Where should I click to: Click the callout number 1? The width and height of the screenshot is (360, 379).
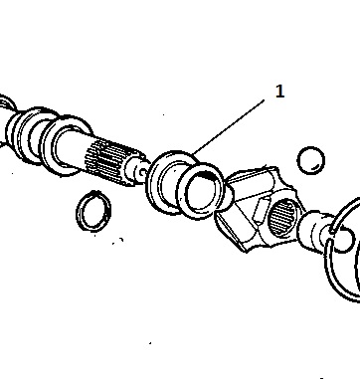[x=280, y=92]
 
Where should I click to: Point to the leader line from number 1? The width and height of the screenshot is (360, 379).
[x=229, y=127]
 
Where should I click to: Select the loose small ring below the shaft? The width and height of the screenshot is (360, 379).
[x=93, y=211]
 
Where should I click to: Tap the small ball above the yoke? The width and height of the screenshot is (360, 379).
[x=310, y=160]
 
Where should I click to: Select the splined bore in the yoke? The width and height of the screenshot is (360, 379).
[x=281, y=217]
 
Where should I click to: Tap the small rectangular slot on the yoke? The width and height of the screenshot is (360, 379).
[x=260, y=208]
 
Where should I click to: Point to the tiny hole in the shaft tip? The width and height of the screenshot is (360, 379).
[x=143, y=172]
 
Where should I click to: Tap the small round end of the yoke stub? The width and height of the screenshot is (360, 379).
[x=345, y=240]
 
